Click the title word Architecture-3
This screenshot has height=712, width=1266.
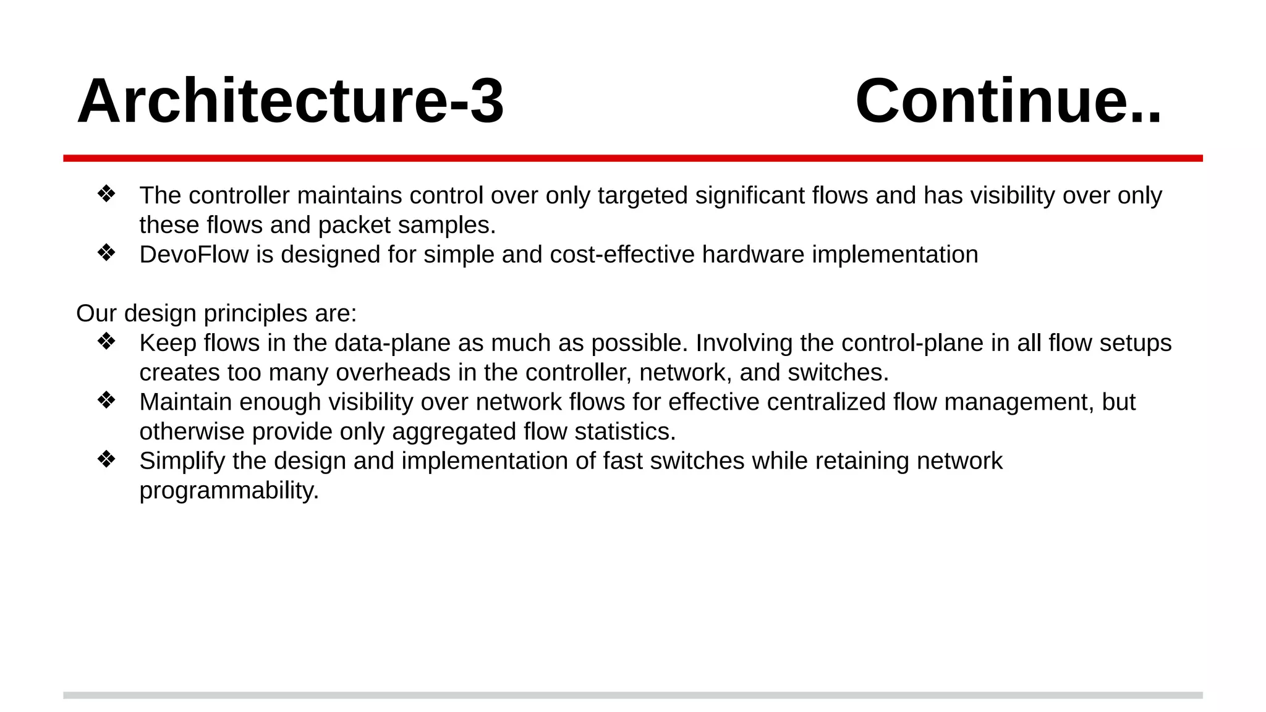click(x=291, y=101)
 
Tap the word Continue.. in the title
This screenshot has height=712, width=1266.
click(x=1008, y=101)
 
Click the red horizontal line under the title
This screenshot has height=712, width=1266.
click(x=633, y=158)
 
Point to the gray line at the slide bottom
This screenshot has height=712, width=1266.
click(x=633, y=695)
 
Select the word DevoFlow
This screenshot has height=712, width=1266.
click(x=193, y=255)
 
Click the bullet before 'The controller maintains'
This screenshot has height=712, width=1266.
click(x=106, y=194)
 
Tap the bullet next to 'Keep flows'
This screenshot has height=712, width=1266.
click(x=106, y=342)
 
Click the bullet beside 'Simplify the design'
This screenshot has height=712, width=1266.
click(x=106, y=460)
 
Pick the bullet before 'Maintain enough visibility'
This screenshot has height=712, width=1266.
click(x=106, y=400)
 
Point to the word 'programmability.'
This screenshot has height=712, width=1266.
click(x=229, y=491)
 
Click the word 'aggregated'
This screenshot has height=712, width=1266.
click(x=454, y=432)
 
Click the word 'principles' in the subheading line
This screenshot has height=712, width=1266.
click(x=255, y=314)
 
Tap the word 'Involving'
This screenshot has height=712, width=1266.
click(x=734, y=343)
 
